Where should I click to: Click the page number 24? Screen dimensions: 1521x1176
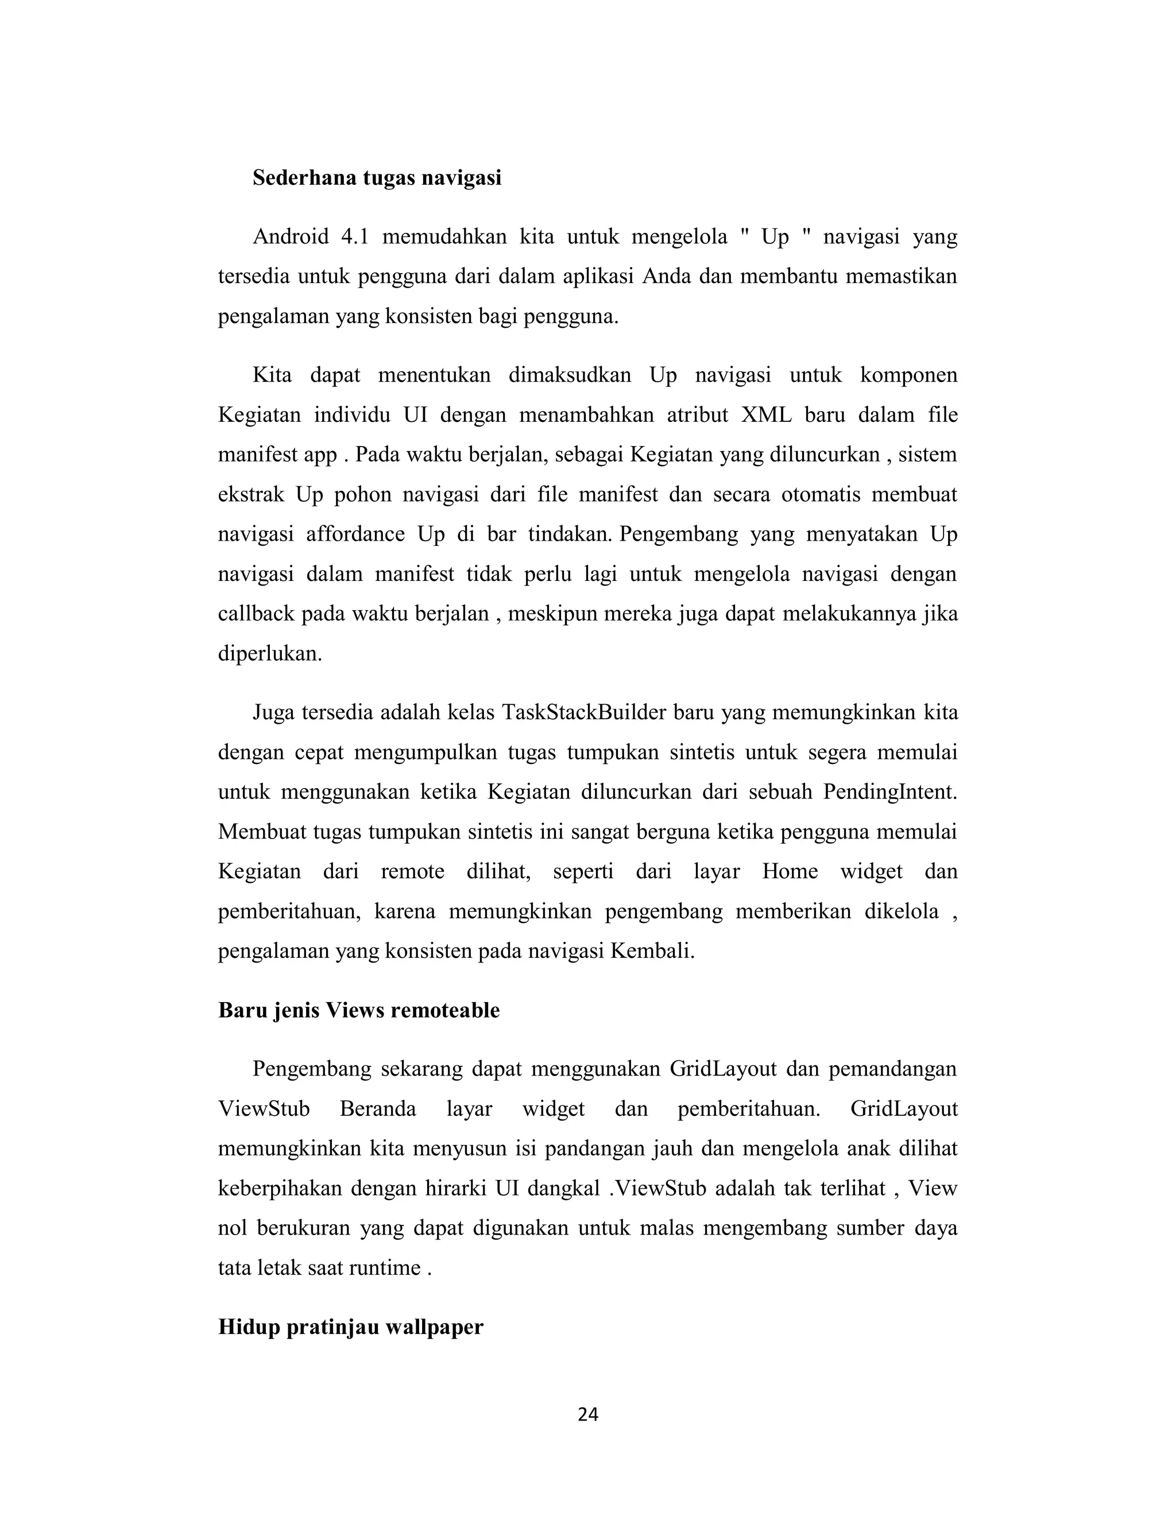588,1414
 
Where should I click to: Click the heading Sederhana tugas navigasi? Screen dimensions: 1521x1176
377,179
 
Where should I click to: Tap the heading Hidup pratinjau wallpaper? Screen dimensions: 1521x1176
350,1326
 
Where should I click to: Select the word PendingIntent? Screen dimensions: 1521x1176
889,793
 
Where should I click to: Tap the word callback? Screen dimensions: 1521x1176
256,614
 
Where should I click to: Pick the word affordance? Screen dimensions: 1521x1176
354,534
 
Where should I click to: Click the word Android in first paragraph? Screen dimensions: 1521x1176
291,238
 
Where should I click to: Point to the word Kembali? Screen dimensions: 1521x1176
652,951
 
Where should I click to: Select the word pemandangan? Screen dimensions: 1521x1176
892,1069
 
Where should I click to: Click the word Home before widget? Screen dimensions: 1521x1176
790,872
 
